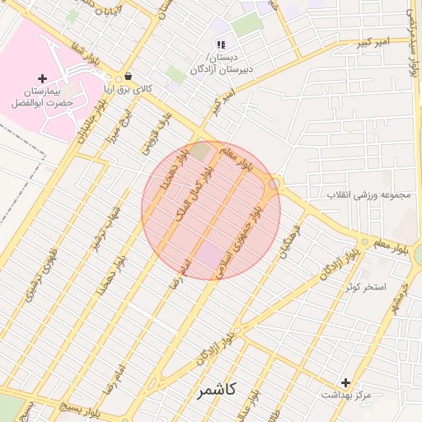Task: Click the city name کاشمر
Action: coord(217,390)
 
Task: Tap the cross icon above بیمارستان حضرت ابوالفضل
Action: coord(42,78)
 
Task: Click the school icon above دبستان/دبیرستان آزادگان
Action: coord(221,45)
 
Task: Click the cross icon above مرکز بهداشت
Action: coord(345,382)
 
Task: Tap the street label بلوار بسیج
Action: coord(59,407)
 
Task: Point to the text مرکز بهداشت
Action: coord(345,396)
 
